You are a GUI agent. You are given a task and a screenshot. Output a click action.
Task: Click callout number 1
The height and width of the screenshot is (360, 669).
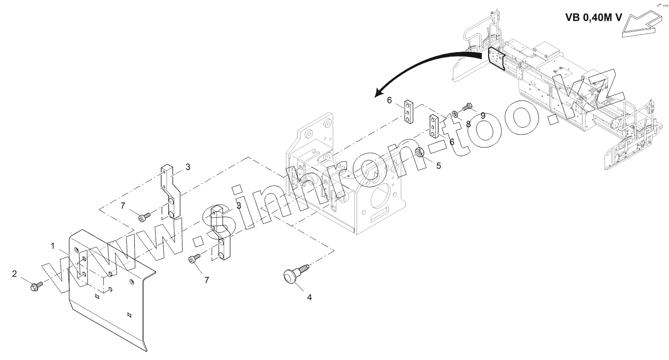53,246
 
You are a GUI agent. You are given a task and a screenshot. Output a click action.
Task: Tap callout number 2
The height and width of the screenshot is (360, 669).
15,274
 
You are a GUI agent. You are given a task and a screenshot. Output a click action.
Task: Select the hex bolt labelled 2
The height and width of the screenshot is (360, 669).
35,287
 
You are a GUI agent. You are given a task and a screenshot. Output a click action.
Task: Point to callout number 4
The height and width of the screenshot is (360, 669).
309,298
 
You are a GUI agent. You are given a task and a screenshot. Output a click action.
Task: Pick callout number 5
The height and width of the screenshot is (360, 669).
438,166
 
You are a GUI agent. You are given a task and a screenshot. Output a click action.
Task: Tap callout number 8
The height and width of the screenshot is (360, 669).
468,124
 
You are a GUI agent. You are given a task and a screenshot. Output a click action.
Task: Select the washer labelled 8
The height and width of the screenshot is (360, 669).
454,114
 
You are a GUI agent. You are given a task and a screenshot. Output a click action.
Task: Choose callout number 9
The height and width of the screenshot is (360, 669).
483,115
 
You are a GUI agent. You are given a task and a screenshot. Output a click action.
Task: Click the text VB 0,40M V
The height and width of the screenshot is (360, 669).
593,18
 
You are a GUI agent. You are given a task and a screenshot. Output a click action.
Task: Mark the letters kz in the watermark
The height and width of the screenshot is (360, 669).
588,95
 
